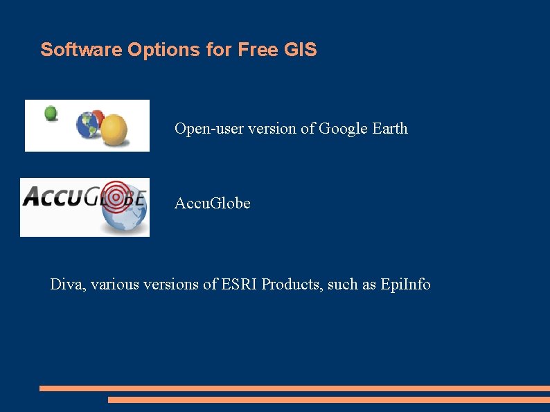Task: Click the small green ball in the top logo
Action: pos(51,113)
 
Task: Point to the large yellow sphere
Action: pos(114,129)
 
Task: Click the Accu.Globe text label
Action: pos(213,204)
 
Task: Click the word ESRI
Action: pos(240,285)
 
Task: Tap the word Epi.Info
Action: pos(405,285)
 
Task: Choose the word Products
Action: pos(291,285)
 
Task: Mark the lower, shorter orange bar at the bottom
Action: pos(328,400)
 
